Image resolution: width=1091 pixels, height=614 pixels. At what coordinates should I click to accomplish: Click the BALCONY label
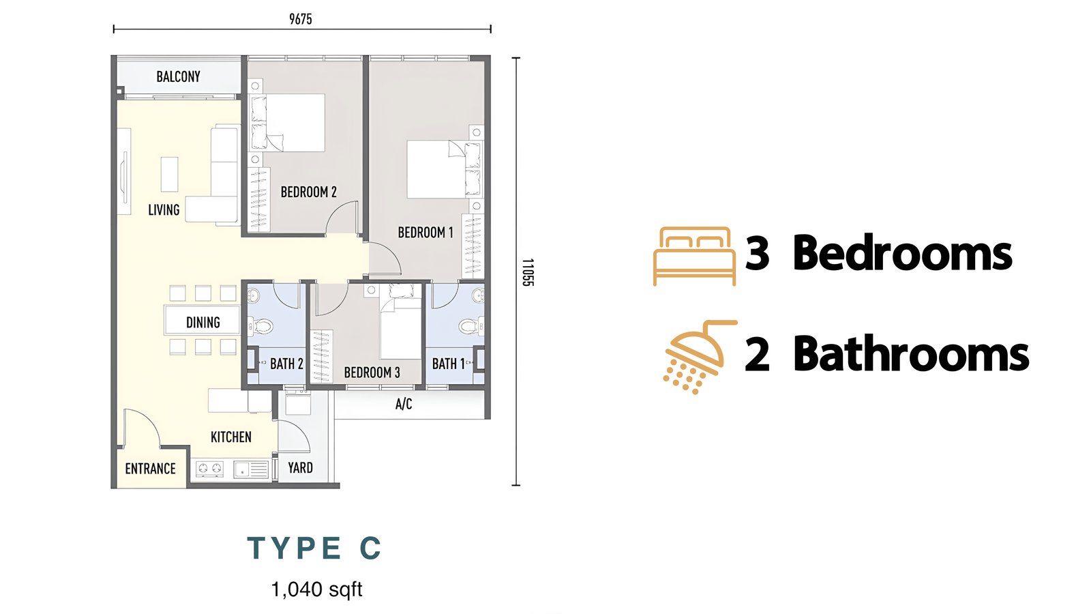pos(178,76)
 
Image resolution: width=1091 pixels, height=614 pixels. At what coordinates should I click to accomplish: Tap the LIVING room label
pos(164,210)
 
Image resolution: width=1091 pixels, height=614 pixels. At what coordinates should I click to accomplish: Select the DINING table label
pos(203,322)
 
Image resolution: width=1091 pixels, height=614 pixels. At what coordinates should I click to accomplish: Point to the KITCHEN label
pos(231,437)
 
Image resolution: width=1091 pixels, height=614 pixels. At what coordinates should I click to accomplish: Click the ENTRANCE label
pos(151,469)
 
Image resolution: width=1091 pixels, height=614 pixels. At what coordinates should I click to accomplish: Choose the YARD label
pos(300,468)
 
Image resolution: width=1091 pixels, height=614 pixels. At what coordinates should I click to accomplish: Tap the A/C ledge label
pos(404,404)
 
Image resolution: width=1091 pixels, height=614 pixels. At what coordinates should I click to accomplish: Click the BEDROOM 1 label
pos(425,233)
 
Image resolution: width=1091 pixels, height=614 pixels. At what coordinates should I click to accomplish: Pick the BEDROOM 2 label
pos(309,192)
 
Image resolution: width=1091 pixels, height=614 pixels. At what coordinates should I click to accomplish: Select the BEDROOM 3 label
pos(372,372)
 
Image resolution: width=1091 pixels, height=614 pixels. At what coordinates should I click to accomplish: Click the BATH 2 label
pos(287,364)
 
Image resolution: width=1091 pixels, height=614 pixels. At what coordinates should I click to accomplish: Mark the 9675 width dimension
pos(301,19)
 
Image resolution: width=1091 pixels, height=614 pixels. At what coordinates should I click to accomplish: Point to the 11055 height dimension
pos(528,272)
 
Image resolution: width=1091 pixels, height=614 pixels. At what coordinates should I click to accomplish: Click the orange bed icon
pos(695,256)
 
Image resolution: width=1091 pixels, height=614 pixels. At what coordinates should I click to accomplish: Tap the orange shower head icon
pos(700,357)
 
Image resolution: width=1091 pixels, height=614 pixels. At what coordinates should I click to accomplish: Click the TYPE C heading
pos(314,548)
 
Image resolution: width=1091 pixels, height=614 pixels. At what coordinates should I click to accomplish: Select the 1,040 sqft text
pos(316,589)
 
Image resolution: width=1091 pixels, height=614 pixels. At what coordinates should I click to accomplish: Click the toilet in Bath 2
pos(261,326)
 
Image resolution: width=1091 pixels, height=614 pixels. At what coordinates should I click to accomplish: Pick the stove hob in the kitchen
pos(209,469)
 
